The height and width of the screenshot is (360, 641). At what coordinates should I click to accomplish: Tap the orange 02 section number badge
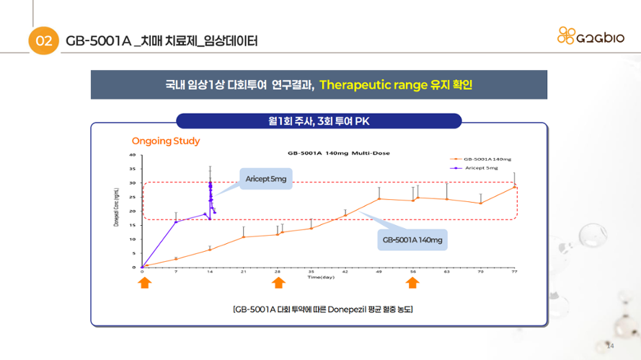pyautogui.click(x=43, y=41)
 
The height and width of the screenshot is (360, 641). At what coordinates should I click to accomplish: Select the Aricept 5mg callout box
pyautogui.click(x=265, y=178)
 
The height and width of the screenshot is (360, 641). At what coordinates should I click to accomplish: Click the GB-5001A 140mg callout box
pyautogui.click(x=412, y=240)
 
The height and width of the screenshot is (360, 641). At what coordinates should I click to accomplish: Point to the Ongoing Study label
pyautogui.click(x=166, y=141)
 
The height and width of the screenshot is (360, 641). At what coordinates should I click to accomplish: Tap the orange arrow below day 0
pyautogui.click(x=143, y=284)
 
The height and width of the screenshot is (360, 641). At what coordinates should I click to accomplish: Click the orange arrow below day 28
pyautogui.click(x=278, y=284)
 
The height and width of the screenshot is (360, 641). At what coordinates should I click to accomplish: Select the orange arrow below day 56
pyautogui.click(x=412, y=284)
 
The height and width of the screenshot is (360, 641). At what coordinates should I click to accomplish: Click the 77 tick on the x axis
pyautogui.click(x=514, y=272)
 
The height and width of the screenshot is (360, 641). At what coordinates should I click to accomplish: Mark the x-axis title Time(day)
pyautogui.click(x=321, y=277)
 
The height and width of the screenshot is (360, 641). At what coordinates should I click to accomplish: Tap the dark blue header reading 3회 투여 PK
pyautogui.click(x=319, y=121)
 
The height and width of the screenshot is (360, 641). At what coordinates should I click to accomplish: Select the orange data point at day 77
pyautogui.click(x=514, y=187)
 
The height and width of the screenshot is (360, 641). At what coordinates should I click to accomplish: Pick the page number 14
pyautogui.click(x=609, y=345)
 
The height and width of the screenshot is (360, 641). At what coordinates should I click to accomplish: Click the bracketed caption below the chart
pyautogui.click(x=323, y=309)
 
